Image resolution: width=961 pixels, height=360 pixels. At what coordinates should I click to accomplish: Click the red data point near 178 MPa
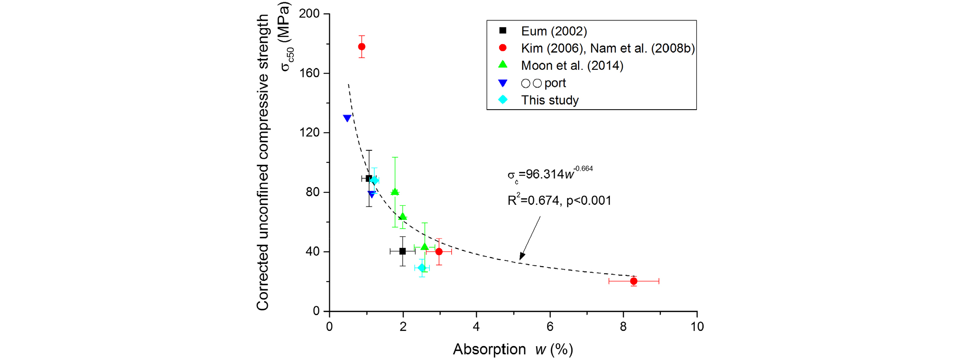tap(362, 47)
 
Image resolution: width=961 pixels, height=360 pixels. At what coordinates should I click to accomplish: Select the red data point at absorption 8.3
tap(634, 281)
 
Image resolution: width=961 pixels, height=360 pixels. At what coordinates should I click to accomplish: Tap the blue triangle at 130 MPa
tap(347, 118)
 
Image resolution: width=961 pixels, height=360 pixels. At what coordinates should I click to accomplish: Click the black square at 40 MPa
tap(402, 251)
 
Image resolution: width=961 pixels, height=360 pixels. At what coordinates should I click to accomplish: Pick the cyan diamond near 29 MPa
tap(422, 268)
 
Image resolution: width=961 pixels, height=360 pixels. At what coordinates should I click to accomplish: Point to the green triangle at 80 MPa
tap(395, 192)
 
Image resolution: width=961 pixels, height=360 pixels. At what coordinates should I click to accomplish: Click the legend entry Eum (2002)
tap(554, 31)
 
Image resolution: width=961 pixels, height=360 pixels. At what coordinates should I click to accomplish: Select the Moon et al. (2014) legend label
tap(572, 66)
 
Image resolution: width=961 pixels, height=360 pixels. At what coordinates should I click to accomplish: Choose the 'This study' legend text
tap(550, 100)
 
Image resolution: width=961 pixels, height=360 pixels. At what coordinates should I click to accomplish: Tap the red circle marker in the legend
tap(503, 48)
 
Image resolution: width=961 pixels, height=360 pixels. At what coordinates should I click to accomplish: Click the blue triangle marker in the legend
tap(503, 83)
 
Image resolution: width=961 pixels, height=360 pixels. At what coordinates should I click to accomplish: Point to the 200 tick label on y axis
tap(309, 13)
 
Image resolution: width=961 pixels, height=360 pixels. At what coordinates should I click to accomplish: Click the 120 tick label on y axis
tap(309, 133)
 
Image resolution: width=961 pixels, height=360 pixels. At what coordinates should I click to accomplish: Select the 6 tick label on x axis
tap(550, 326)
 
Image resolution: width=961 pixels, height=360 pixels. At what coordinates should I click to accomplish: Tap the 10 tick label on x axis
tap(697, 326)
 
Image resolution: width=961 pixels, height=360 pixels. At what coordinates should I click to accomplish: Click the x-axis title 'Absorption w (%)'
tap(513, 349)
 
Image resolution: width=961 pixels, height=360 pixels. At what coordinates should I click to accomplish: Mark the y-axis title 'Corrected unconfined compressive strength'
tap(263, 163)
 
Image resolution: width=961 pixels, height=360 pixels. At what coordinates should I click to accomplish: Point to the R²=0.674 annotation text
tap(559, 201)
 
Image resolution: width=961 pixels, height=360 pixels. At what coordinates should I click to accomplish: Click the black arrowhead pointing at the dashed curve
tap(522, 256)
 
